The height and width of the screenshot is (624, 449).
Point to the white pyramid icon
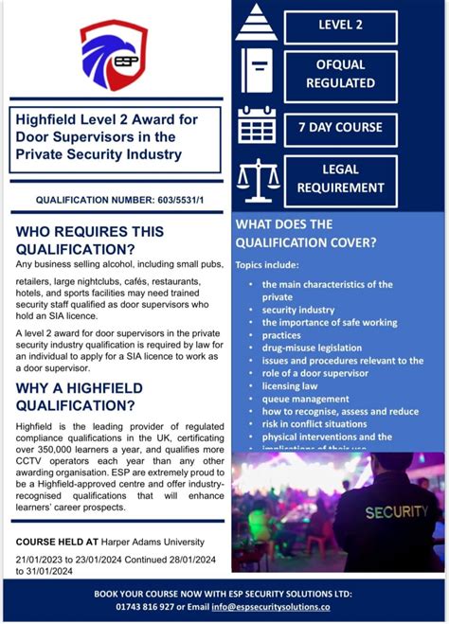[x=256, y=24]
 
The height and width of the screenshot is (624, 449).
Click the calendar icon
[x=256, y=124]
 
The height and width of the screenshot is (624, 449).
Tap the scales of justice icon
[x=256, y=179]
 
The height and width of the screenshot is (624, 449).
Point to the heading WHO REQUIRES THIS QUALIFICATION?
[x=90, y=240]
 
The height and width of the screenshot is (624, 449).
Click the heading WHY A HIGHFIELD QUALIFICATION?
[x=80, y=397]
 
